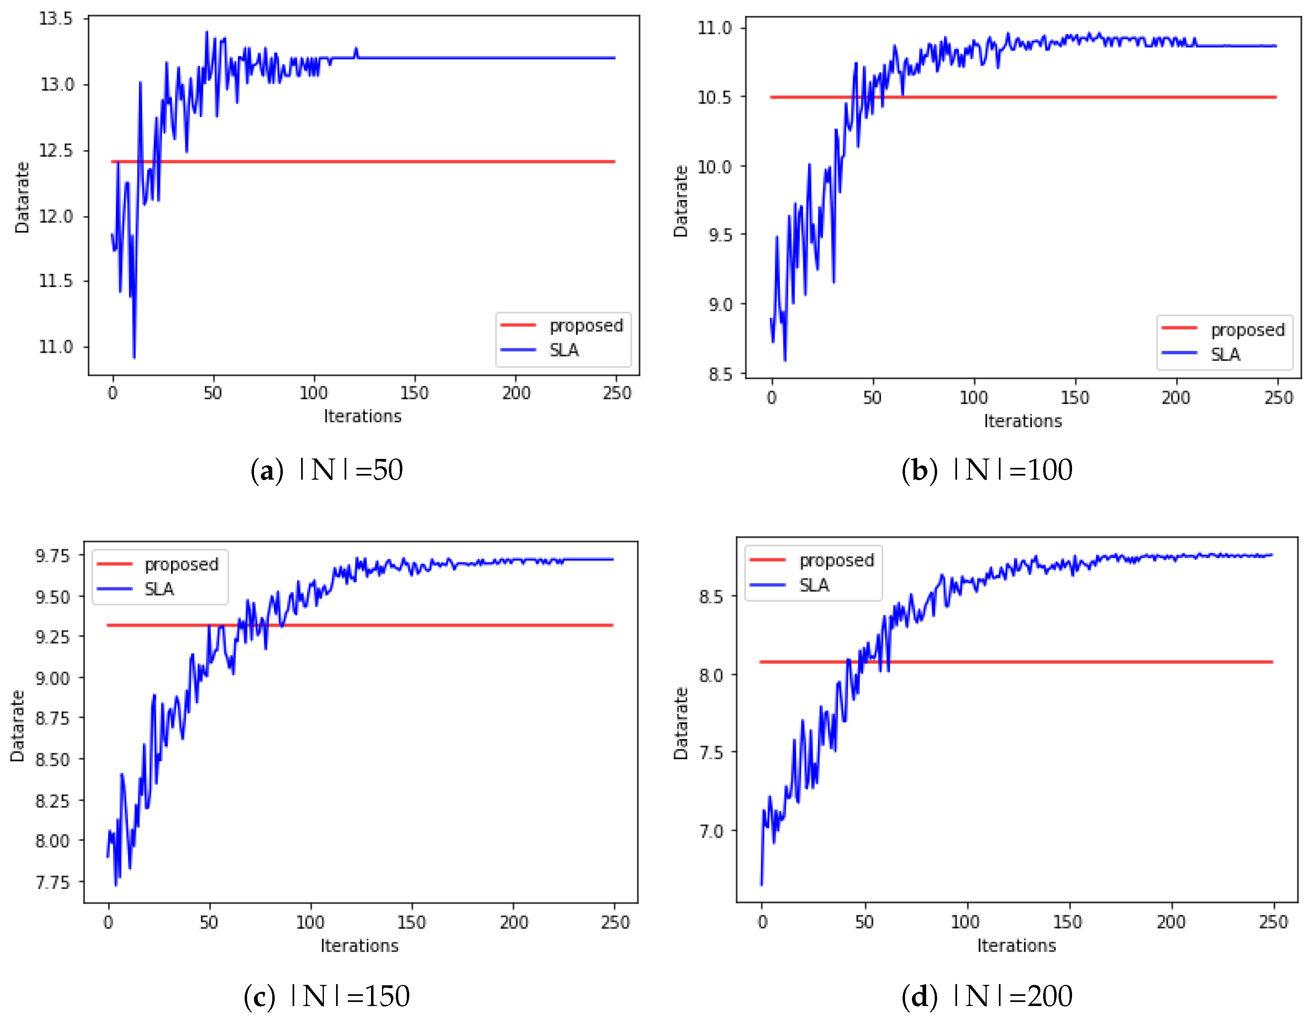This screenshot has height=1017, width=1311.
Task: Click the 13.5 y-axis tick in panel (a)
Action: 55,19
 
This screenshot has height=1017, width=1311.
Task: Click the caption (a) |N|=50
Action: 327,470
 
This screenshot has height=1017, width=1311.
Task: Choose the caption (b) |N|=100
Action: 986,470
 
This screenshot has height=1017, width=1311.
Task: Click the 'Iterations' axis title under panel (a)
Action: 362,417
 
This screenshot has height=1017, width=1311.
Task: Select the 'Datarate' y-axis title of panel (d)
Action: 680,724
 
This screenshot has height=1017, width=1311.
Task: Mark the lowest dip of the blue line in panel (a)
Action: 134,358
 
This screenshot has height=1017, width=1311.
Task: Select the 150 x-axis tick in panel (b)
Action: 1074,398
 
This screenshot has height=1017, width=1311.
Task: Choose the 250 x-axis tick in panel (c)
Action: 615,923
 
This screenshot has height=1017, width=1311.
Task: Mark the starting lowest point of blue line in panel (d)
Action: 761,884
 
